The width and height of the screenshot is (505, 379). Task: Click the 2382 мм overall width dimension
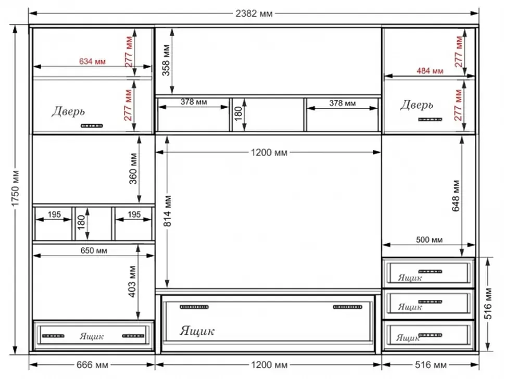(x=254, y=14)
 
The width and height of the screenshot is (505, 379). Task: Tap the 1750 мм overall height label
(x=15, y=188)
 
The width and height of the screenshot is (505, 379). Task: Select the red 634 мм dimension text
(x=93, y=61)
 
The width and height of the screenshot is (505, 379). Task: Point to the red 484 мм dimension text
(x=430, y=70)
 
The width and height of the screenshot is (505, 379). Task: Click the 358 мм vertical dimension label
(x=166, y=60)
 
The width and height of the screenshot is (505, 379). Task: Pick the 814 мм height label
(x=168, y=211)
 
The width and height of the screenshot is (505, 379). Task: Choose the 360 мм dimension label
(x=133, y=168)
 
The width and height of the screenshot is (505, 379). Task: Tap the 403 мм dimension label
(x=132, y=282)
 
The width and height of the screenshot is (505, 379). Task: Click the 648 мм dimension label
(x=456, y=196)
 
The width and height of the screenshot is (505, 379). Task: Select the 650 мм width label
(x=94, y=250)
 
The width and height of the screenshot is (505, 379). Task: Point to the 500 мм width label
(x=430, y=239)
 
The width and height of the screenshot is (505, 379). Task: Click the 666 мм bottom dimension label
(x=93, y=365)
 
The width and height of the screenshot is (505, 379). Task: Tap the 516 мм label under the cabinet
(x=431, y=365)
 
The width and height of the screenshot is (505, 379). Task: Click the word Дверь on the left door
(x=68, y=111)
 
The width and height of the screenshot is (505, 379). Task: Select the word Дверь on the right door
(x=416, y=105)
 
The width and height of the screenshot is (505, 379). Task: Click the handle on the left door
(x=92, y=125)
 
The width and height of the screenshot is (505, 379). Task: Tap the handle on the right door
(x=430, y=119)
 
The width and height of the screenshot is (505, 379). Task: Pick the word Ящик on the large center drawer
(x=197, y=331)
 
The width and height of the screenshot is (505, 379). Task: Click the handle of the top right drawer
(x=430, y=271)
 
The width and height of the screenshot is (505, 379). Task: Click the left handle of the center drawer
(x=194, y=307)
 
